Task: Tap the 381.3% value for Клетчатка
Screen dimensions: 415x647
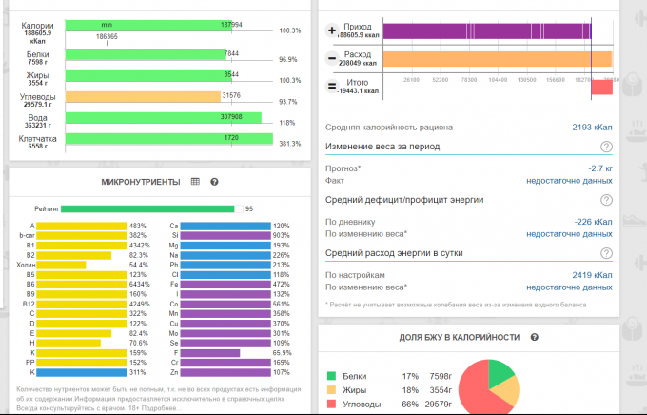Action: tap(289, 144)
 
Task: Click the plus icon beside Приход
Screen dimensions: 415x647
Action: tap(332, 31)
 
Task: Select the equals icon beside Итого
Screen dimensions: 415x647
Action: tap(332, 87)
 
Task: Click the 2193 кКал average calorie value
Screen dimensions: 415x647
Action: tap(592, 127)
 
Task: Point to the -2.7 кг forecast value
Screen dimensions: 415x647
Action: tap(598, 168)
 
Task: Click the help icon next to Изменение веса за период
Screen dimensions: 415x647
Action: tap(606, 147)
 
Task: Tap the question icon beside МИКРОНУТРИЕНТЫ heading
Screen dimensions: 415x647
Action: tap(214, 182)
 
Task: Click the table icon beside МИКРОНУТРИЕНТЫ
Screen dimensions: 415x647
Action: tap(195, 182)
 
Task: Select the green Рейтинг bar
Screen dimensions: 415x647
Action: tap(147, 208)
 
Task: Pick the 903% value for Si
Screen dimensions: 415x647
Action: tap(281, 235)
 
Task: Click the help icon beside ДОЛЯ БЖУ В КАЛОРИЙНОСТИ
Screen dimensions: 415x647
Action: tap(535, 337)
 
